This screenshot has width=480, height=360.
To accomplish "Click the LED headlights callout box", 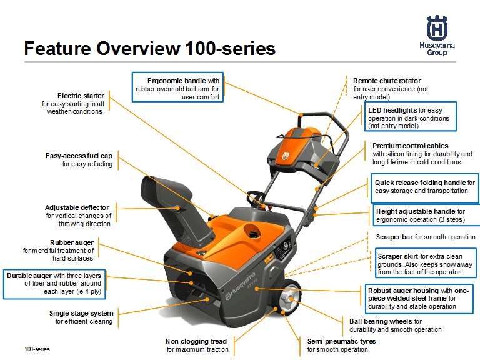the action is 411,117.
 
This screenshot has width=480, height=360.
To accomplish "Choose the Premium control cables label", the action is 422,154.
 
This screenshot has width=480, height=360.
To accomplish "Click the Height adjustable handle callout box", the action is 426,216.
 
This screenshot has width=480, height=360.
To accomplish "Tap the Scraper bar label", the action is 425,237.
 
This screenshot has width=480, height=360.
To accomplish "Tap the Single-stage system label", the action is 82,317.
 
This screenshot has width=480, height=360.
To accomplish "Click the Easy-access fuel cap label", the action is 79,160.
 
